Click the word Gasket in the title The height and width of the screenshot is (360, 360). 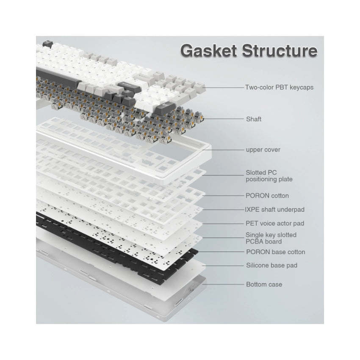(x=208, y=51)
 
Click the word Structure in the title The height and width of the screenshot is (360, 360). (x=280, y=51)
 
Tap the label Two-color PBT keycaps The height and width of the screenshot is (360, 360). (x=279, y=88)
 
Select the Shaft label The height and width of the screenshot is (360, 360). (x=254, y=119)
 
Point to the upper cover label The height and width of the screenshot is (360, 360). (x=263, y=150)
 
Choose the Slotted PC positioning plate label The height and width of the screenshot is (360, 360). (x=269, y=176)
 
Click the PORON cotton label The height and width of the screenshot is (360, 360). (x=267, y=196)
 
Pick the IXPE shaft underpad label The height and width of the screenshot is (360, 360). (x=274, y=210)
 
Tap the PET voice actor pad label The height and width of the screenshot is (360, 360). (x=275, y=223)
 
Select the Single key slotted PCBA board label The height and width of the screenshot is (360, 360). (x=271, y=238)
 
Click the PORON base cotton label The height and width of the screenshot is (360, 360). (x=276, y=252)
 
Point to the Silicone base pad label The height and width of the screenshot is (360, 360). (x=271, y=266)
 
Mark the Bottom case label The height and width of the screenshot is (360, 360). (x=264, y=285)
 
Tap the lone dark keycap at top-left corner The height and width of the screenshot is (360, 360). (x=48, y=44)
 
